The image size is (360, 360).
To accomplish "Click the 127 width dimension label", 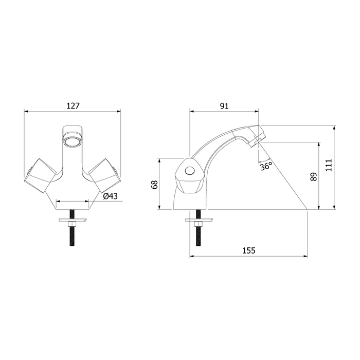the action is tap(73, 106).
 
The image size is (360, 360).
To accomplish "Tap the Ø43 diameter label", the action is tap(110, 196).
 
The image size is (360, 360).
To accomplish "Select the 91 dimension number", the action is tap(224, 106).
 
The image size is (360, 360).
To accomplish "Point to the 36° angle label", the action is tap(266, 166).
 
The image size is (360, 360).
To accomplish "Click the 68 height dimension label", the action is tap(154, 184).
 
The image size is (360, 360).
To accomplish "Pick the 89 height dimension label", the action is tap(313, 176).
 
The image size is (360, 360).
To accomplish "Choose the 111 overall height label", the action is tap(329, 165).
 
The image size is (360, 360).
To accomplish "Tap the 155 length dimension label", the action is tap(249, 250).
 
